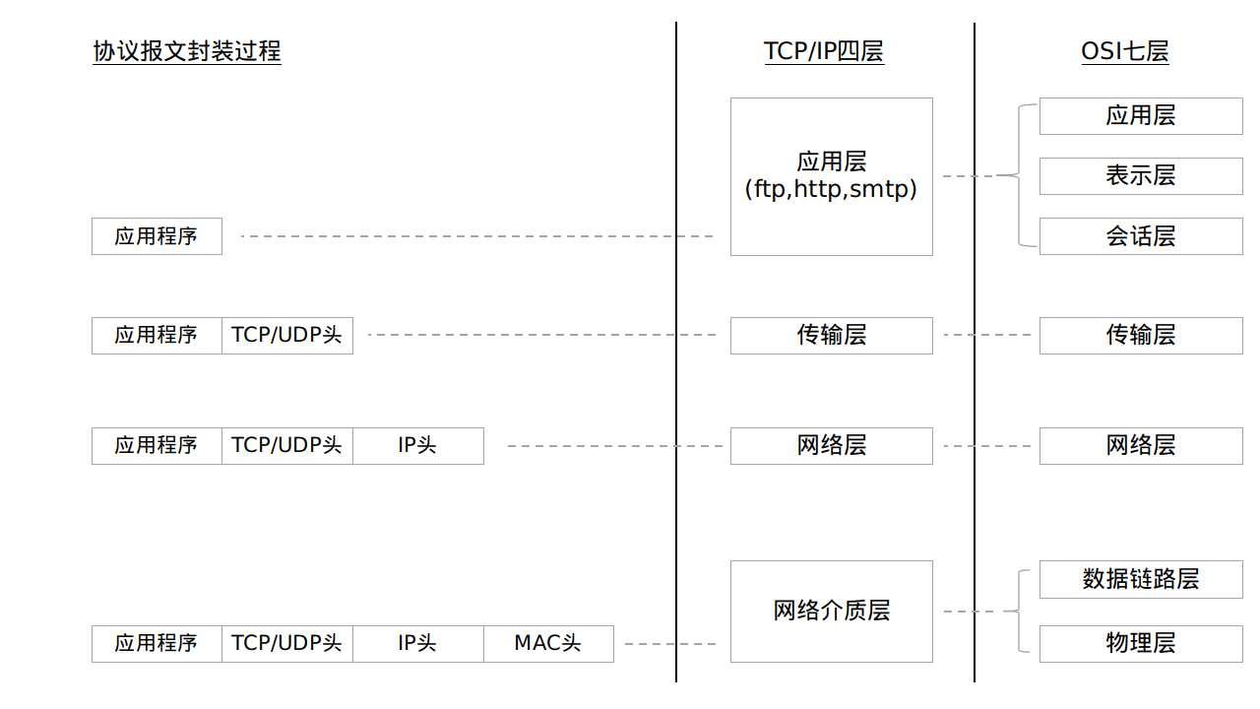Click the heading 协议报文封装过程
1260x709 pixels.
pos(187,51)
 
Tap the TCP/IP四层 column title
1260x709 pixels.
pos(824,51)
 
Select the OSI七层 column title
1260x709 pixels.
pos(1125,51)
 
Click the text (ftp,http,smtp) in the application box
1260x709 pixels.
pos(831,189)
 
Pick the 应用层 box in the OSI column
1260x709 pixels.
pos(1141,116)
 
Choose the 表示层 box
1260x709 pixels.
pos(1141,176)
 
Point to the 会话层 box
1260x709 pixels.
pos(1141,236)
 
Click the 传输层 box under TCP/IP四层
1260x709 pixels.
pos(831,336)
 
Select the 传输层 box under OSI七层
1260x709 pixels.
pos(1141,336)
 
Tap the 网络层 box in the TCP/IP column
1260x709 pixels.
pos(831,446)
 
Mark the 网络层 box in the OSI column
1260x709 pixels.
pos(1141,446)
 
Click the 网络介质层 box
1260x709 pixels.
pos(831,612)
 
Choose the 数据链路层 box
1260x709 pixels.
pos(1141,580)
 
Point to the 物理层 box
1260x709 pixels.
pos(1141,644)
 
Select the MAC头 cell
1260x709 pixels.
pos(548,644)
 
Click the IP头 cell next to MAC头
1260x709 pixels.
pos(417,644)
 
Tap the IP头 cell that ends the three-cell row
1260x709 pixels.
pos(417,446)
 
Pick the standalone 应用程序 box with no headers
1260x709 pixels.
pos(157,236)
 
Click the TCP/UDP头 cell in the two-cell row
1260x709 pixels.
pos(286,336)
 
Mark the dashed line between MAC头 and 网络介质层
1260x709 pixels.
pos(670,644)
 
